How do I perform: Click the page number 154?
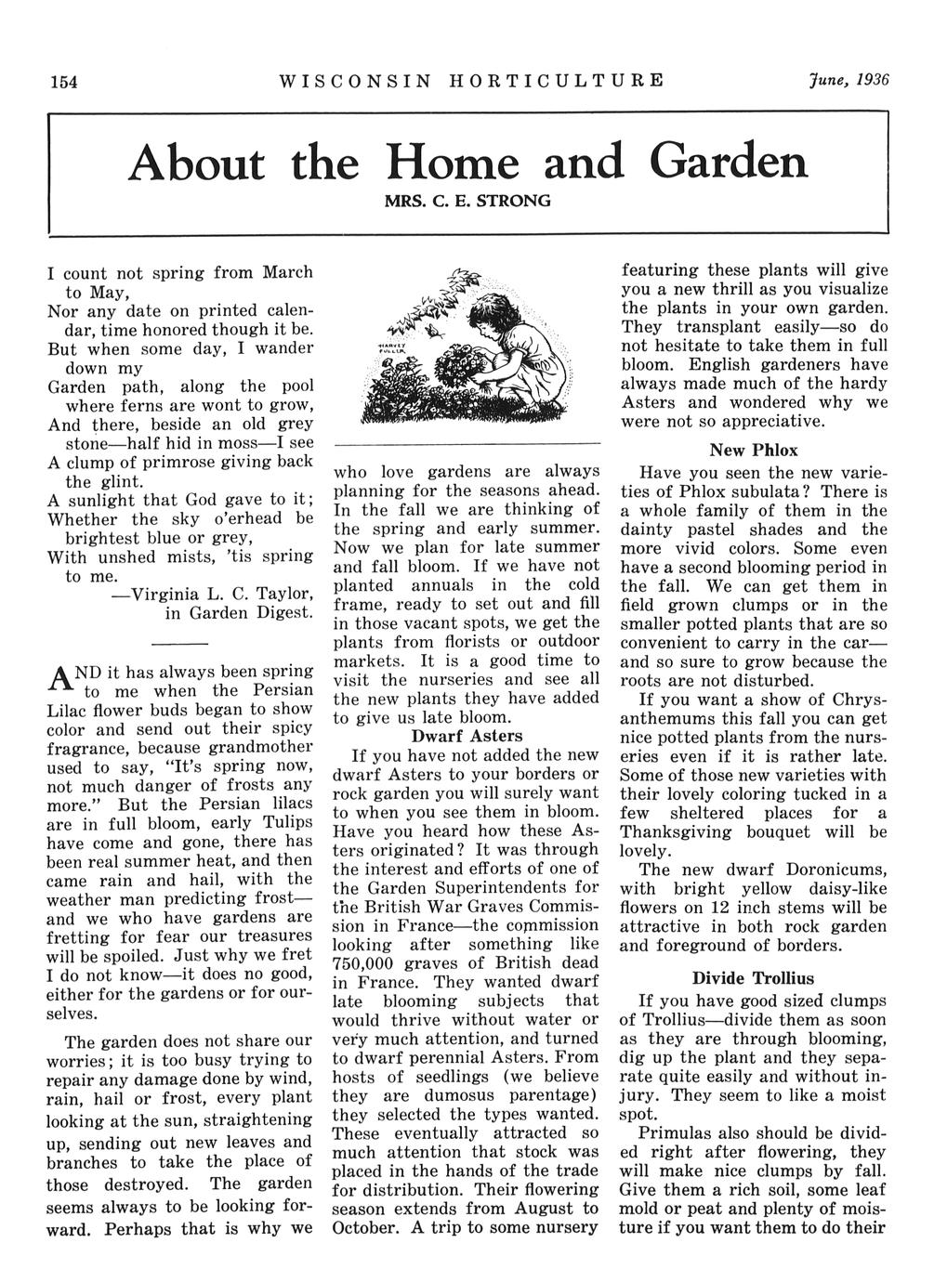click(63, 81)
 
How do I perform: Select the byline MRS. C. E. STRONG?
click(467, 200)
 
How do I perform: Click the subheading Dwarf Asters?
click(467, 736)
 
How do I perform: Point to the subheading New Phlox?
click(754, 451)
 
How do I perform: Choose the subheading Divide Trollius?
click(753, 978)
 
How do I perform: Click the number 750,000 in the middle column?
click(366, 962)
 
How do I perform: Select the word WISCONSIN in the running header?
click(354, 80)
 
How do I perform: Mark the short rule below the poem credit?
click(179, 644)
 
